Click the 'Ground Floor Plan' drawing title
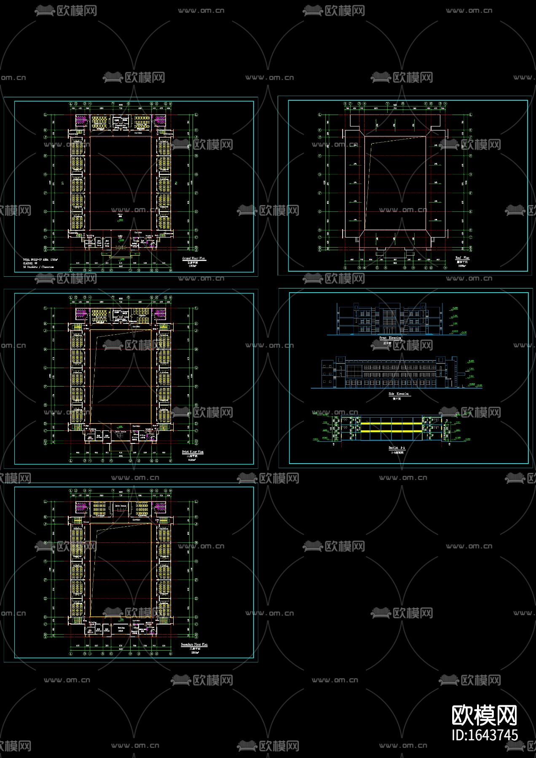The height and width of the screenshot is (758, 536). (193, 258)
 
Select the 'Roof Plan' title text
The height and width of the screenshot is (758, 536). (462, 258)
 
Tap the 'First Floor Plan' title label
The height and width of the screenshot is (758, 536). (193, 452)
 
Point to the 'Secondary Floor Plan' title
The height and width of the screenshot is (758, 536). (194, 645)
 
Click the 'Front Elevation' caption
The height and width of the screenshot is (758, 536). (390, 338)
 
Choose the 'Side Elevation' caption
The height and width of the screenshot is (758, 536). (399, 394)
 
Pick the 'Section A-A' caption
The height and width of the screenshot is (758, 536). (396, 448)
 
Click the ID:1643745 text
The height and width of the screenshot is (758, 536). (484, 735)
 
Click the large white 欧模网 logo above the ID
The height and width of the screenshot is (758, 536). (484, 714)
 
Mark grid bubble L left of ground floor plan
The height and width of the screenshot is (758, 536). (46, 115)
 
